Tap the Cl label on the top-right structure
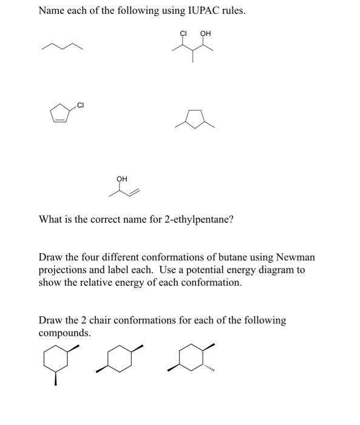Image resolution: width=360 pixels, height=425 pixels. [x=183, y=33]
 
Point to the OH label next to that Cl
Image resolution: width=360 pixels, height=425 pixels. [x=205, y=33]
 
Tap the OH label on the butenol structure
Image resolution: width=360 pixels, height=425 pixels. [x=121, y=178]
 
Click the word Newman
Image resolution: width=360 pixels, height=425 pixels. [x=294, y=257]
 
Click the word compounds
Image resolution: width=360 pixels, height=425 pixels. [x=64, y=333]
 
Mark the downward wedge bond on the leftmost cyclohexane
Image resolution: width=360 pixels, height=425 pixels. [x=56, y=379]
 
